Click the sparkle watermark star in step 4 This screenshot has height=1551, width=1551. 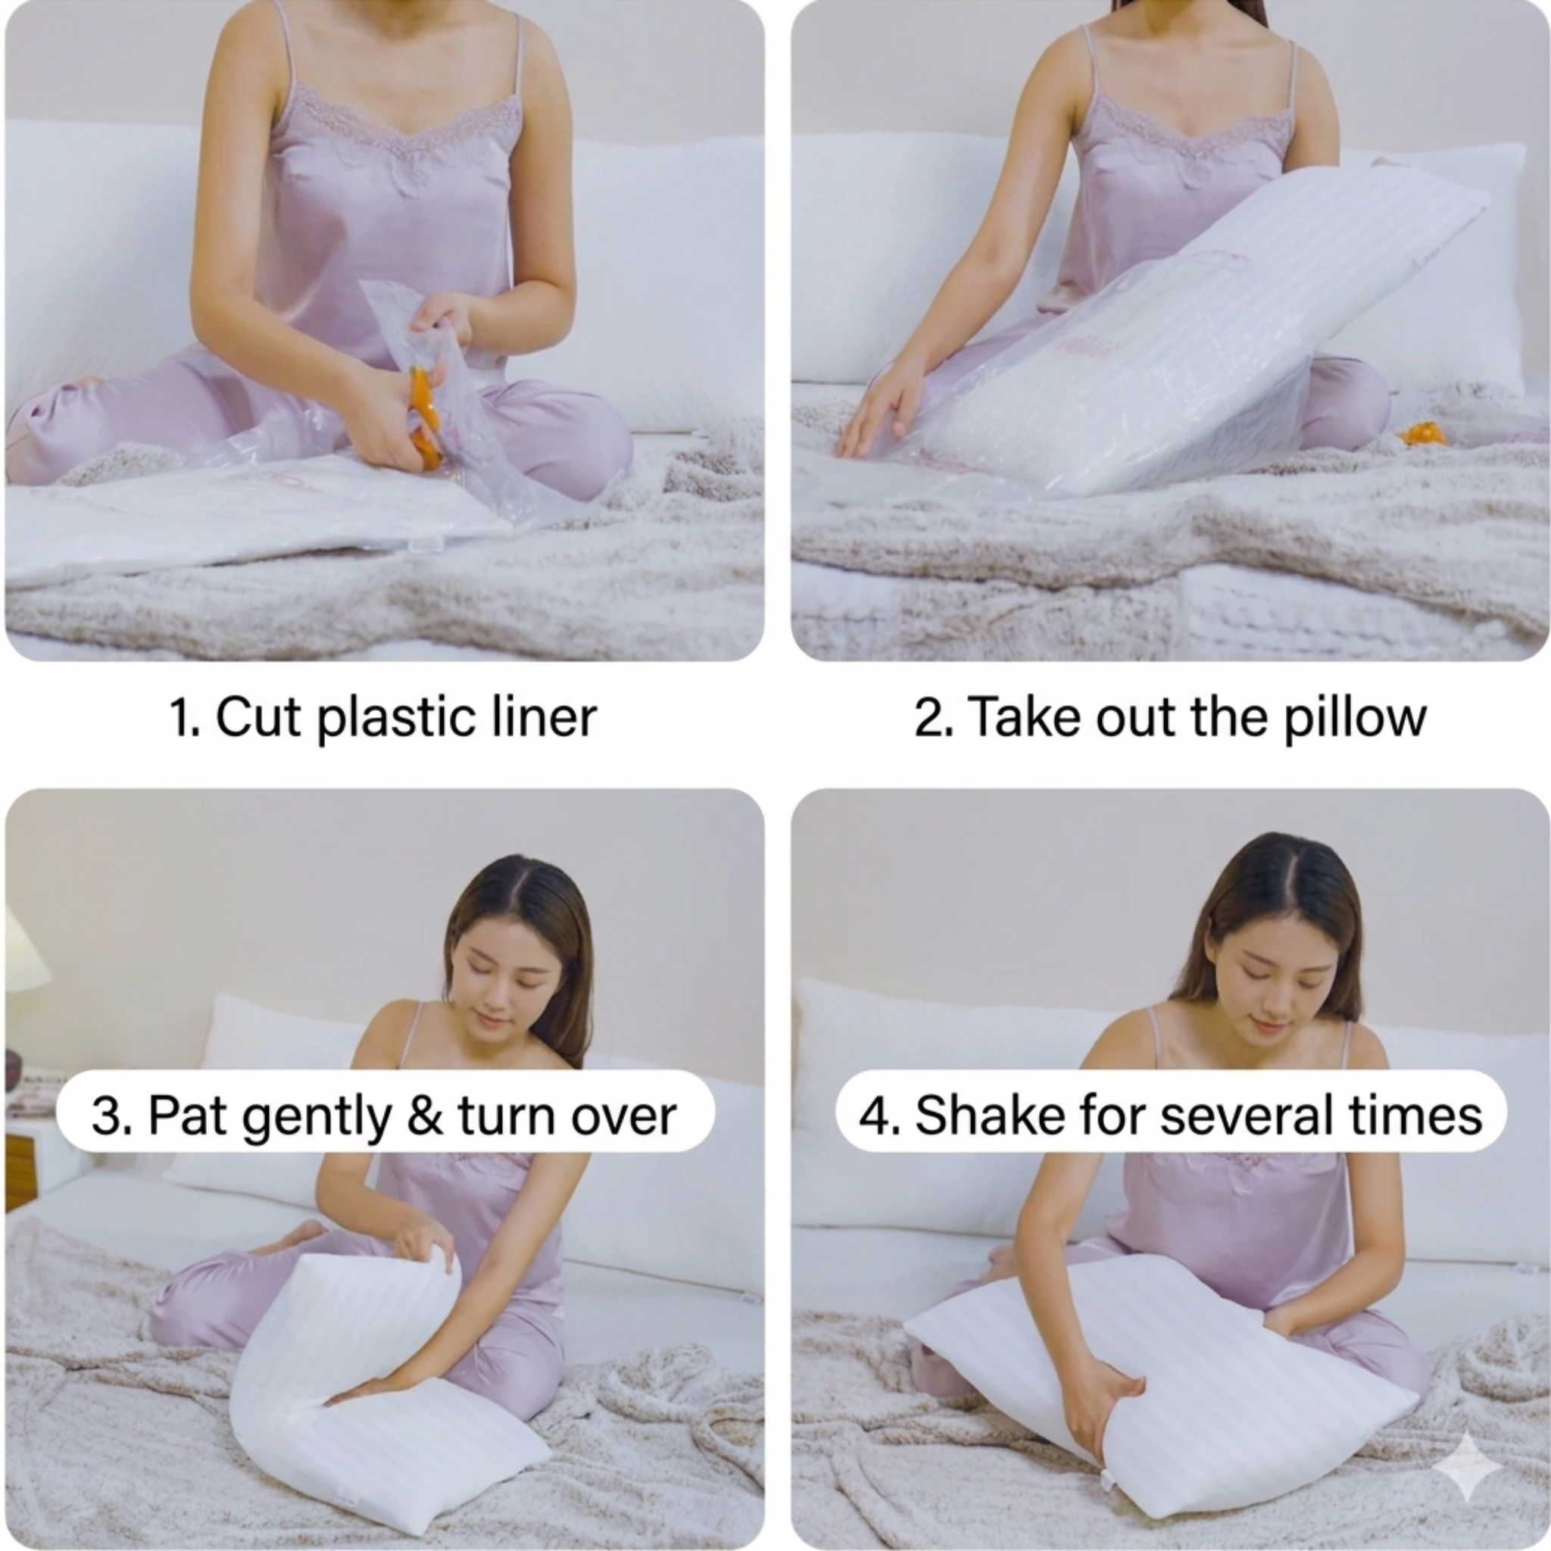pos(1468,1465)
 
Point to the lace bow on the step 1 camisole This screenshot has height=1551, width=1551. pos(414,173)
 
